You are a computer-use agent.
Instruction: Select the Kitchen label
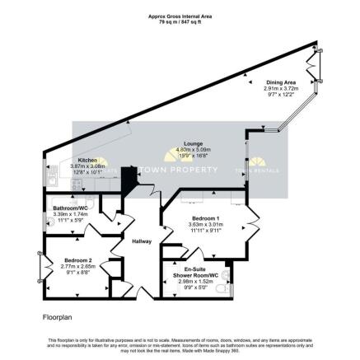pyautogui.click(x=89, y=160)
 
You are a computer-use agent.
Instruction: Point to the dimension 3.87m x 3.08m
pyautogui.click(x=89, y=166)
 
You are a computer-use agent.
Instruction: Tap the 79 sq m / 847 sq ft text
pyautogui.click(x=179, y=20)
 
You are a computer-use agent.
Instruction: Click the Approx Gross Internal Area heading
pyautogui.click(x=179, y=14)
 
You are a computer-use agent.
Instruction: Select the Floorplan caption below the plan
pyautogui.click(x=56, y=316)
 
